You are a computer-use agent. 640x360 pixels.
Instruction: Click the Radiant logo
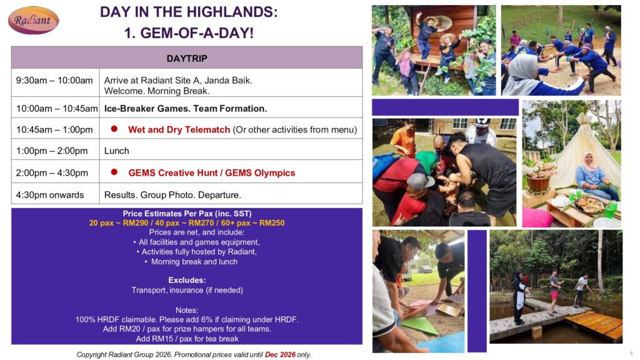pos(34,20)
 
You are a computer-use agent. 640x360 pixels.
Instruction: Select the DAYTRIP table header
pos(187,57)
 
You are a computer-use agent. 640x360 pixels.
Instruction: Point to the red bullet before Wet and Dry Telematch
pos(114,129)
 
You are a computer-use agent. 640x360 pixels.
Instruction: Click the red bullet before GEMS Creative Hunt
pos(114,172)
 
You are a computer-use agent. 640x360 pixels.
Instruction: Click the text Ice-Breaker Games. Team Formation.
pos(185,109)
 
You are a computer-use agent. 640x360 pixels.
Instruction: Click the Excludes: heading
pos(187,281)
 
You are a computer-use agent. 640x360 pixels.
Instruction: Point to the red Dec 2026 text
pos(280,355)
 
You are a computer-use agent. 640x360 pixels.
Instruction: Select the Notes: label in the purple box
pos(187,310)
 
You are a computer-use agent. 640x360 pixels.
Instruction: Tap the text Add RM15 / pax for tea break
pos(187,339)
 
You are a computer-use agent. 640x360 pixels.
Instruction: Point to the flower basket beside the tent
pos(539,176)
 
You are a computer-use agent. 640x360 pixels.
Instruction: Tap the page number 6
pos(631,353)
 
